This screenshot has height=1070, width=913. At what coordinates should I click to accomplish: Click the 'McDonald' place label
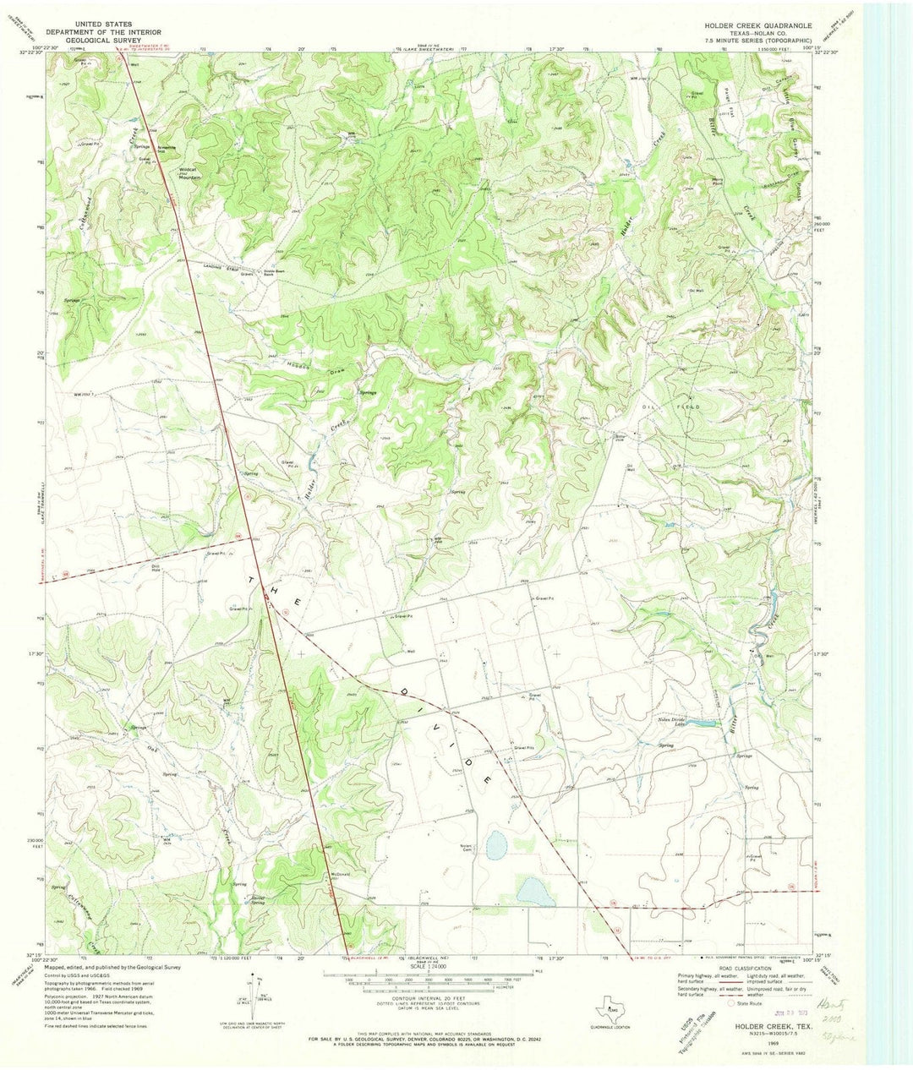(335, 876)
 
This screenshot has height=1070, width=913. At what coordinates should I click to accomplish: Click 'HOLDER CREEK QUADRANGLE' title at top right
(758, 26)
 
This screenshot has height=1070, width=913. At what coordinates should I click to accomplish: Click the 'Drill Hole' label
(156, 567)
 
